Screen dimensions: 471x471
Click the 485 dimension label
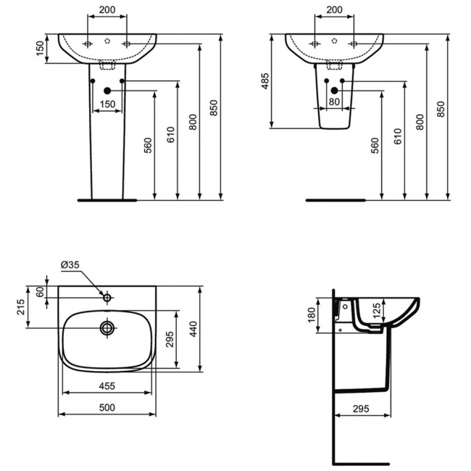pos(265,81)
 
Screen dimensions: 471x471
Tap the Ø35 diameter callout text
pos(70,264)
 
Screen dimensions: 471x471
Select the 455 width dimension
pos(107,386)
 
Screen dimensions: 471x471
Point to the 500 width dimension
pos(107,408)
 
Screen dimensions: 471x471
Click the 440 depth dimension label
pos(193,329)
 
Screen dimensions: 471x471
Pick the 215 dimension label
pos(21,307)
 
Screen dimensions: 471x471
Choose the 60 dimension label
pos(40,292)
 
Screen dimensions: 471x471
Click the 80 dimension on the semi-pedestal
pos(334,102)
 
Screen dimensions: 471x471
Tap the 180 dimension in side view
pos(312,315)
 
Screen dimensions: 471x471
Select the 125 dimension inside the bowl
pos(377,311)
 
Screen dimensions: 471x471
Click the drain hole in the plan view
pos(107,328)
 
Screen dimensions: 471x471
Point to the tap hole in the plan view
pos(107,298)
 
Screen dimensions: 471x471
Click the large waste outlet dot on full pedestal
pos(107,91)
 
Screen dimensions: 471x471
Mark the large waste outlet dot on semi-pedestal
pos(334,91)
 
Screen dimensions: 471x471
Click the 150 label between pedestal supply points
pos(107,104)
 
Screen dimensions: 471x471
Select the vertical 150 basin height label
pos(40,48)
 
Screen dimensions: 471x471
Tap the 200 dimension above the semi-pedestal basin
pos(334,10)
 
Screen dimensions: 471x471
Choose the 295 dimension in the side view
pos(361,409)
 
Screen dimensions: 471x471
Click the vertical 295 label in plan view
pos(170,339)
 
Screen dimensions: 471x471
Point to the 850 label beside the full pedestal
pos(213,108)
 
